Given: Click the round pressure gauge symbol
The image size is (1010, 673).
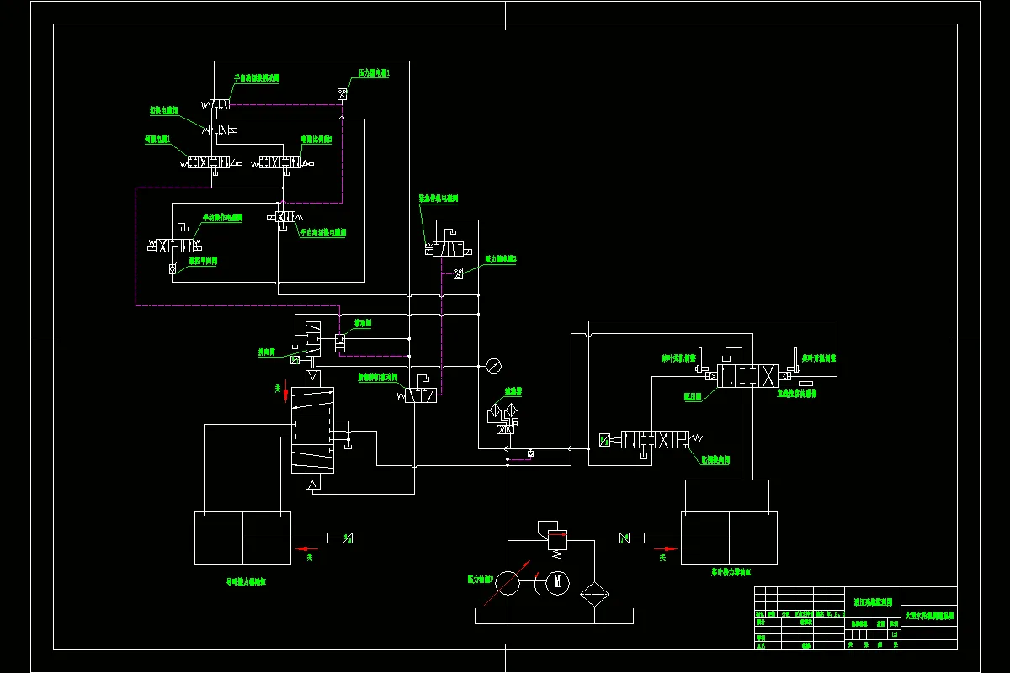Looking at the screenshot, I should pyautogui.click(x=493, y=366).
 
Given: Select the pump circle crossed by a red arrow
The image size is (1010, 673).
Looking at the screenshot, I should pyautogui.click(x=508, y=582).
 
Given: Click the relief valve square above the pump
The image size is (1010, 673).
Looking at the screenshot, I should pyautogui.click(x=555, y=536).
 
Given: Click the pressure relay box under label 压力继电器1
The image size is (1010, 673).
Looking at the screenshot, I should pyautogui.click(x=343, y=93).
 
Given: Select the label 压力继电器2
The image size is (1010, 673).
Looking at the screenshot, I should pyautogui.click(x=501, y=259).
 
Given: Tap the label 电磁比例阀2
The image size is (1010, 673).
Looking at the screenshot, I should pyautogui.click(x=317, y=139).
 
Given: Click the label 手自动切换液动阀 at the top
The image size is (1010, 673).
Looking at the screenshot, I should pyautogui.click(x=257, y=77).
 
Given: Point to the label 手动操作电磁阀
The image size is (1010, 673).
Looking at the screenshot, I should pyautogui.click(x=222, y=218).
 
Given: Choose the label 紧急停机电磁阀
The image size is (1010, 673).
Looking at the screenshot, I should pyautogui.click(x=438, y=199).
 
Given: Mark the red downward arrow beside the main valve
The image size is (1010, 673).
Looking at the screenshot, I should pyautogui.click(x=284, y=393).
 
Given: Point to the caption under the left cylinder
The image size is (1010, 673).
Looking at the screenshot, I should pyautogui.click(x=246, y=580).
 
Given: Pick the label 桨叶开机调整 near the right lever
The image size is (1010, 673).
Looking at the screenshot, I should pyautogui.click(x=819, y=358).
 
